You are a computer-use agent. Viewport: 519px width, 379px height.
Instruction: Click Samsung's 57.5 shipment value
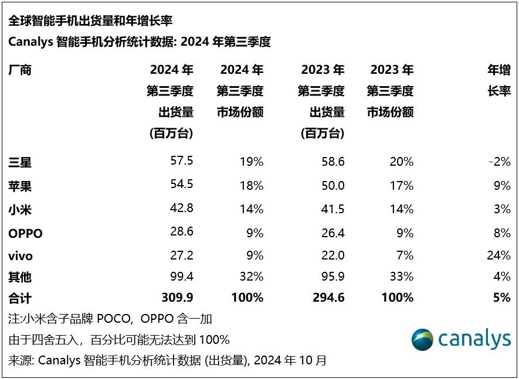tap(181, 162)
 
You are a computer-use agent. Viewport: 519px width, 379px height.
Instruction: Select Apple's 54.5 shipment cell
tap(181, 186)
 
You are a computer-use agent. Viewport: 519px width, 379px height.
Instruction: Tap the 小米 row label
tap(20, 209)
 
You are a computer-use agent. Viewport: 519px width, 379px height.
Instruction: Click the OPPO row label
tap(25, 233)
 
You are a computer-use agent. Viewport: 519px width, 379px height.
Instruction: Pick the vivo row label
tap(21, 255)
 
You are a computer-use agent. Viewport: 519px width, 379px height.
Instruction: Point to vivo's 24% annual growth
tap(498, 255)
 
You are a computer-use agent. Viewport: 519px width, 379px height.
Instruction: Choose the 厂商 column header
tap(20, 70)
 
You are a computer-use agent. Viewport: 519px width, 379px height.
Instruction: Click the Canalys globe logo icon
tap(422, 340)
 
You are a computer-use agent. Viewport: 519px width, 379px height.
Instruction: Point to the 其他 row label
tap(20, 276)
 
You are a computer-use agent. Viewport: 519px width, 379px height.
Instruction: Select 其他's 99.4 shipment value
tap(181, 276)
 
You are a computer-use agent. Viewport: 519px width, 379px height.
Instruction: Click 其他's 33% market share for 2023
tap(402, 276)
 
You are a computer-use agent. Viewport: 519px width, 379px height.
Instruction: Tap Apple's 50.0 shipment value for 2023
tap(333, 186)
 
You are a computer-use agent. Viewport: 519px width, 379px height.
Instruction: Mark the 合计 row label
tap(20, 298)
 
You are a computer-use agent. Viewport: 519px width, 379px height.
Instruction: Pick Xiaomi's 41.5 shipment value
tap(333, 209)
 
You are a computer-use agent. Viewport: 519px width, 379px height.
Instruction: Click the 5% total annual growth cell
tap(502, 298)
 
